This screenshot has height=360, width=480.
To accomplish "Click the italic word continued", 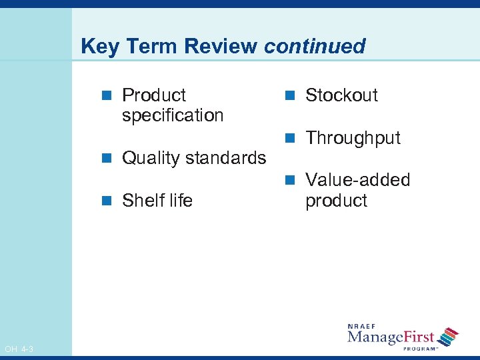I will (315, 47).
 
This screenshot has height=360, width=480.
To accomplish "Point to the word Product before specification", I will (154, 95).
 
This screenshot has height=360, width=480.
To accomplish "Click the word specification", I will (173, 116).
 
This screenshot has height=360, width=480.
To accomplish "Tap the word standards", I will (225, 158).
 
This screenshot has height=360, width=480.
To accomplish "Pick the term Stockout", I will (341, 95).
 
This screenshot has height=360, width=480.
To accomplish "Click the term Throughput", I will (353, 139).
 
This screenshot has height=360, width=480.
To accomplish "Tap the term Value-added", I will (357, 180).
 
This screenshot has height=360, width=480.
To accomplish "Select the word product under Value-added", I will (336, 201).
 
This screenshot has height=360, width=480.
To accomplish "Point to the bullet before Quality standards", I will (107, 159).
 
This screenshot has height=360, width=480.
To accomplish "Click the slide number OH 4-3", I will (19, 349).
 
